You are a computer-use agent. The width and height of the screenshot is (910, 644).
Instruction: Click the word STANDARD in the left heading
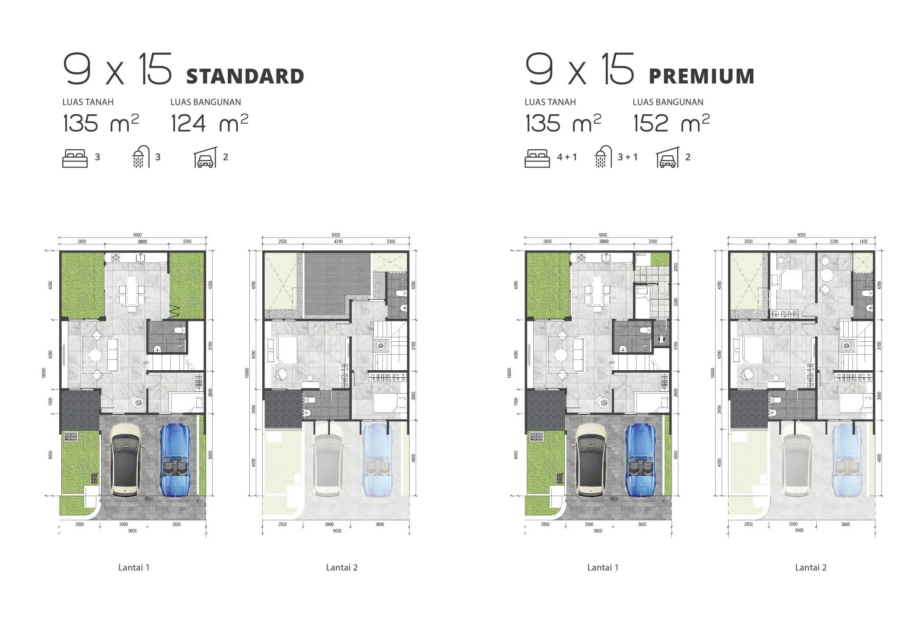click(x=245, y=77)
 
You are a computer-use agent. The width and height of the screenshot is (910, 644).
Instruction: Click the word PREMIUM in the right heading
click(x=701, y=77)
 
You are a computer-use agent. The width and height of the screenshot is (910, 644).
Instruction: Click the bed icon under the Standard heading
click(x=75, y=158)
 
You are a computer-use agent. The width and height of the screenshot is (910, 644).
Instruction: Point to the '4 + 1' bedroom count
click(x=566, y=157)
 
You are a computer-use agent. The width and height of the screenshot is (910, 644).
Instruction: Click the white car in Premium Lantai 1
click(x=592, y=459)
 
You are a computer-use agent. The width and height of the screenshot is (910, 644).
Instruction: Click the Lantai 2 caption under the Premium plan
click(x=811, y=567)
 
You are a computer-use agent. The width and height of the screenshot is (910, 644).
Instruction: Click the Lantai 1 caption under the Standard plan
click(x=134, y=567)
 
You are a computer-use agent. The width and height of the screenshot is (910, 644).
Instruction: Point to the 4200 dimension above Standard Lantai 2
click(x=338, y=241)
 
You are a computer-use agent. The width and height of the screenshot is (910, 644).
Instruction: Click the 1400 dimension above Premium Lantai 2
click(x=863, y=241)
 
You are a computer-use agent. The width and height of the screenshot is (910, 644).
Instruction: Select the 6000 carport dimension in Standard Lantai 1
click(x=149, y=499)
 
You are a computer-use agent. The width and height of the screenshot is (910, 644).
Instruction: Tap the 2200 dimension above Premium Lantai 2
click(x=834, y=241)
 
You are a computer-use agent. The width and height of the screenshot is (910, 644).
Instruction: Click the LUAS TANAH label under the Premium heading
click(x=550, y=102)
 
